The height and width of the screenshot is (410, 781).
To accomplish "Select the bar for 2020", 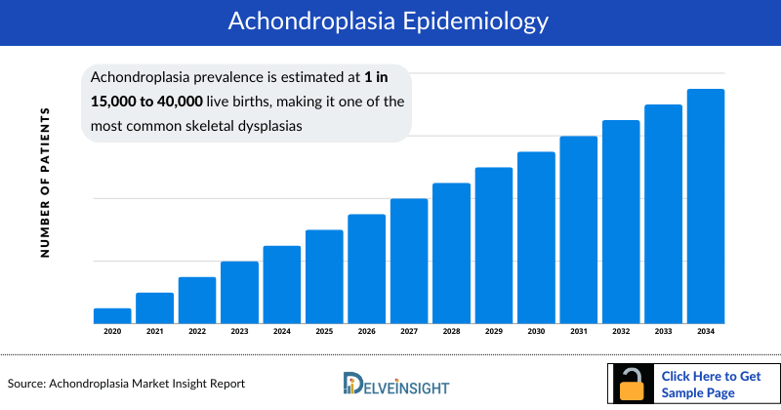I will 112,315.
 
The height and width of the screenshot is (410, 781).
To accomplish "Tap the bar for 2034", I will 706,206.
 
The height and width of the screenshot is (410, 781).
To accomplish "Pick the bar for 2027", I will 409,261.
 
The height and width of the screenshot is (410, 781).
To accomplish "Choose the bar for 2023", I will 239,292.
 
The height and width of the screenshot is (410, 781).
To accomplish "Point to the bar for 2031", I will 579,229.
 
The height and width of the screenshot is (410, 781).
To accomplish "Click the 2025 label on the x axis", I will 324,332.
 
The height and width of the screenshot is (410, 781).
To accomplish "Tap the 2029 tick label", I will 494,332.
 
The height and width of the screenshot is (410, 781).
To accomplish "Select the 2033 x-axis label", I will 664,332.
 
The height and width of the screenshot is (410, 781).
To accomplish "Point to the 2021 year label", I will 154,332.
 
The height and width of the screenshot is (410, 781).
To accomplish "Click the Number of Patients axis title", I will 44,183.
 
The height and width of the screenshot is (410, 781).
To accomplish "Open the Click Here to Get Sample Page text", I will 711,384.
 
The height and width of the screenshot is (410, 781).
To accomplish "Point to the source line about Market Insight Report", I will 126,384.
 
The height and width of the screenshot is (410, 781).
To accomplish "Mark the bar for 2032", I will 621,222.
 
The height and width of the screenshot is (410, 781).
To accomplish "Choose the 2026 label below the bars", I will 366,332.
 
